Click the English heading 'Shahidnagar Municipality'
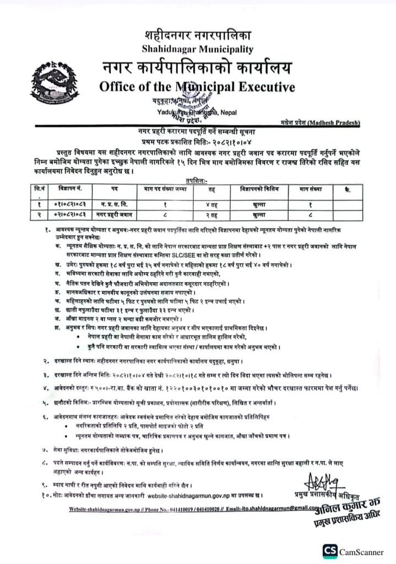point(198,50)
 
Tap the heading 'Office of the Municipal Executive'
point(197,86)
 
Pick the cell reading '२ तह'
point(213,213)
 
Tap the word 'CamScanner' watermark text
point(363,550)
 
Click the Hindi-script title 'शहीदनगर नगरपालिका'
point(198,36)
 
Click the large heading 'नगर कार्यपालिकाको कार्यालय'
point(197,68)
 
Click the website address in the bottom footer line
point(99,509)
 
